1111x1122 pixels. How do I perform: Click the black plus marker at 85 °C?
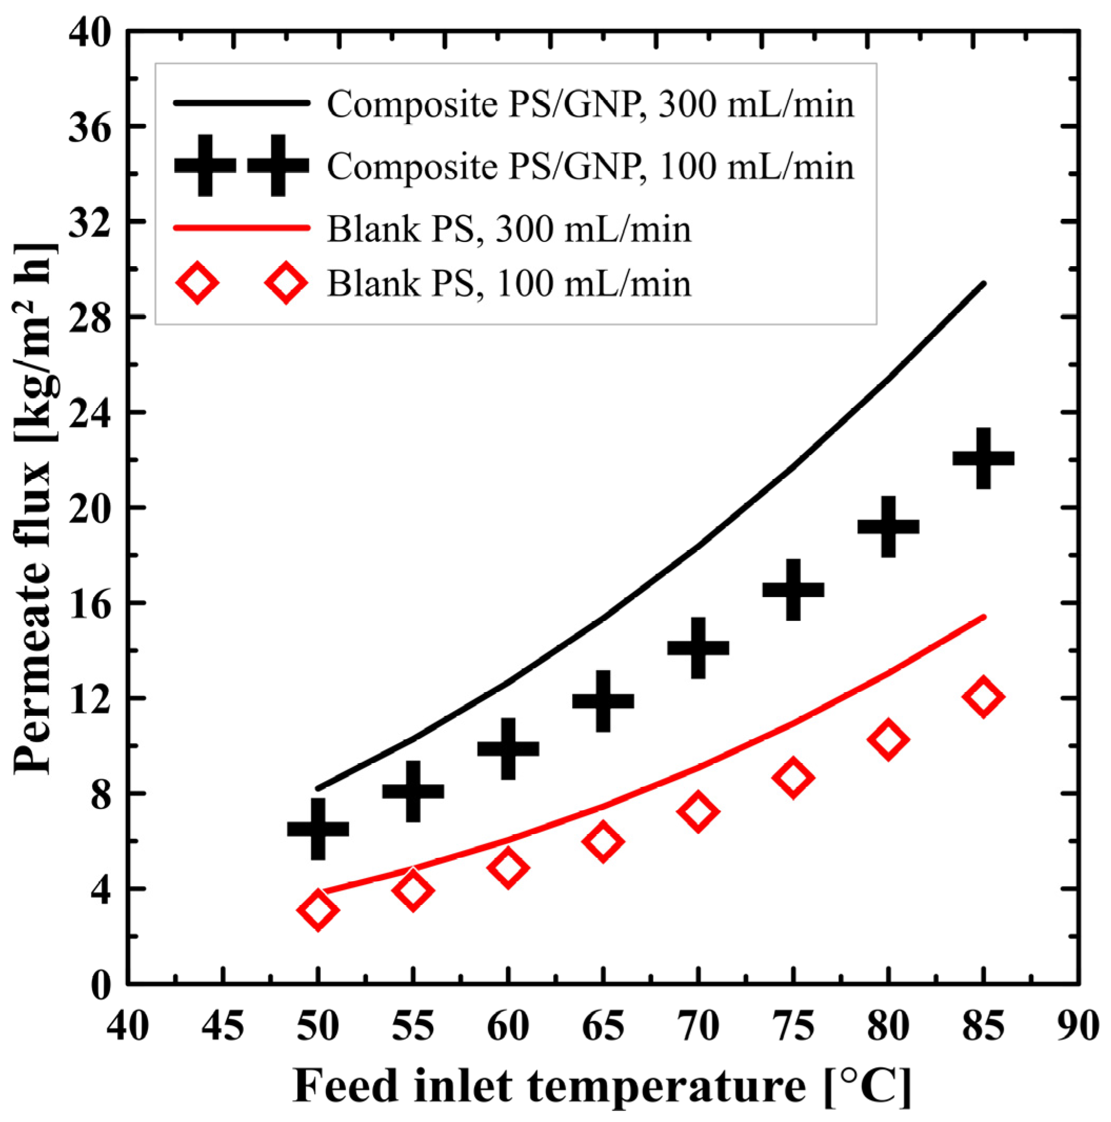(983, 458)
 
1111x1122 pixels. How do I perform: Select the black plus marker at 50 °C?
(318, 828)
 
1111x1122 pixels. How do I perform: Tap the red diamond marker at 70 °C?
(698, 811)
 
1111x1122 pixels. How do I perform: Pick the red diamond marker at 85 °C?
(983, 696)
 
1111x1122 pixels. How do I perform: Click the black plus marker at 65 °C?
(603, 701)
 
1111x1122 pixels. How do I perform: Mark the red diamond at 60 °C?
(508, 867)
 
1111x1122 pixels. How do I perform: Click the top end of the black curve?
(983, 284)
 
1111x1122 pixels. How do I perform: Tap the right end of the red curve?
(983, 616)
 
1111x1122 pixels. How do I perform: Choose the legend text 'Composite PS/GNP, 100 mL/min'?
(590, 167)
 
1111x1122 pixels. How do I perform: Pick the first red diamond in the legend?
(197, 283)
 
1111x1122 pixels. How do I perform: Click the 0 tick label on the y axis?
(100, 985)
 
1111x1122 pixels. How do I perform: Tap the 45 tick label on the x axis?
(223, 1026)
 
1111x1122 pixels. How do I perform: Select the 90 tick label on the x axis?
(1078, 1026)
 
